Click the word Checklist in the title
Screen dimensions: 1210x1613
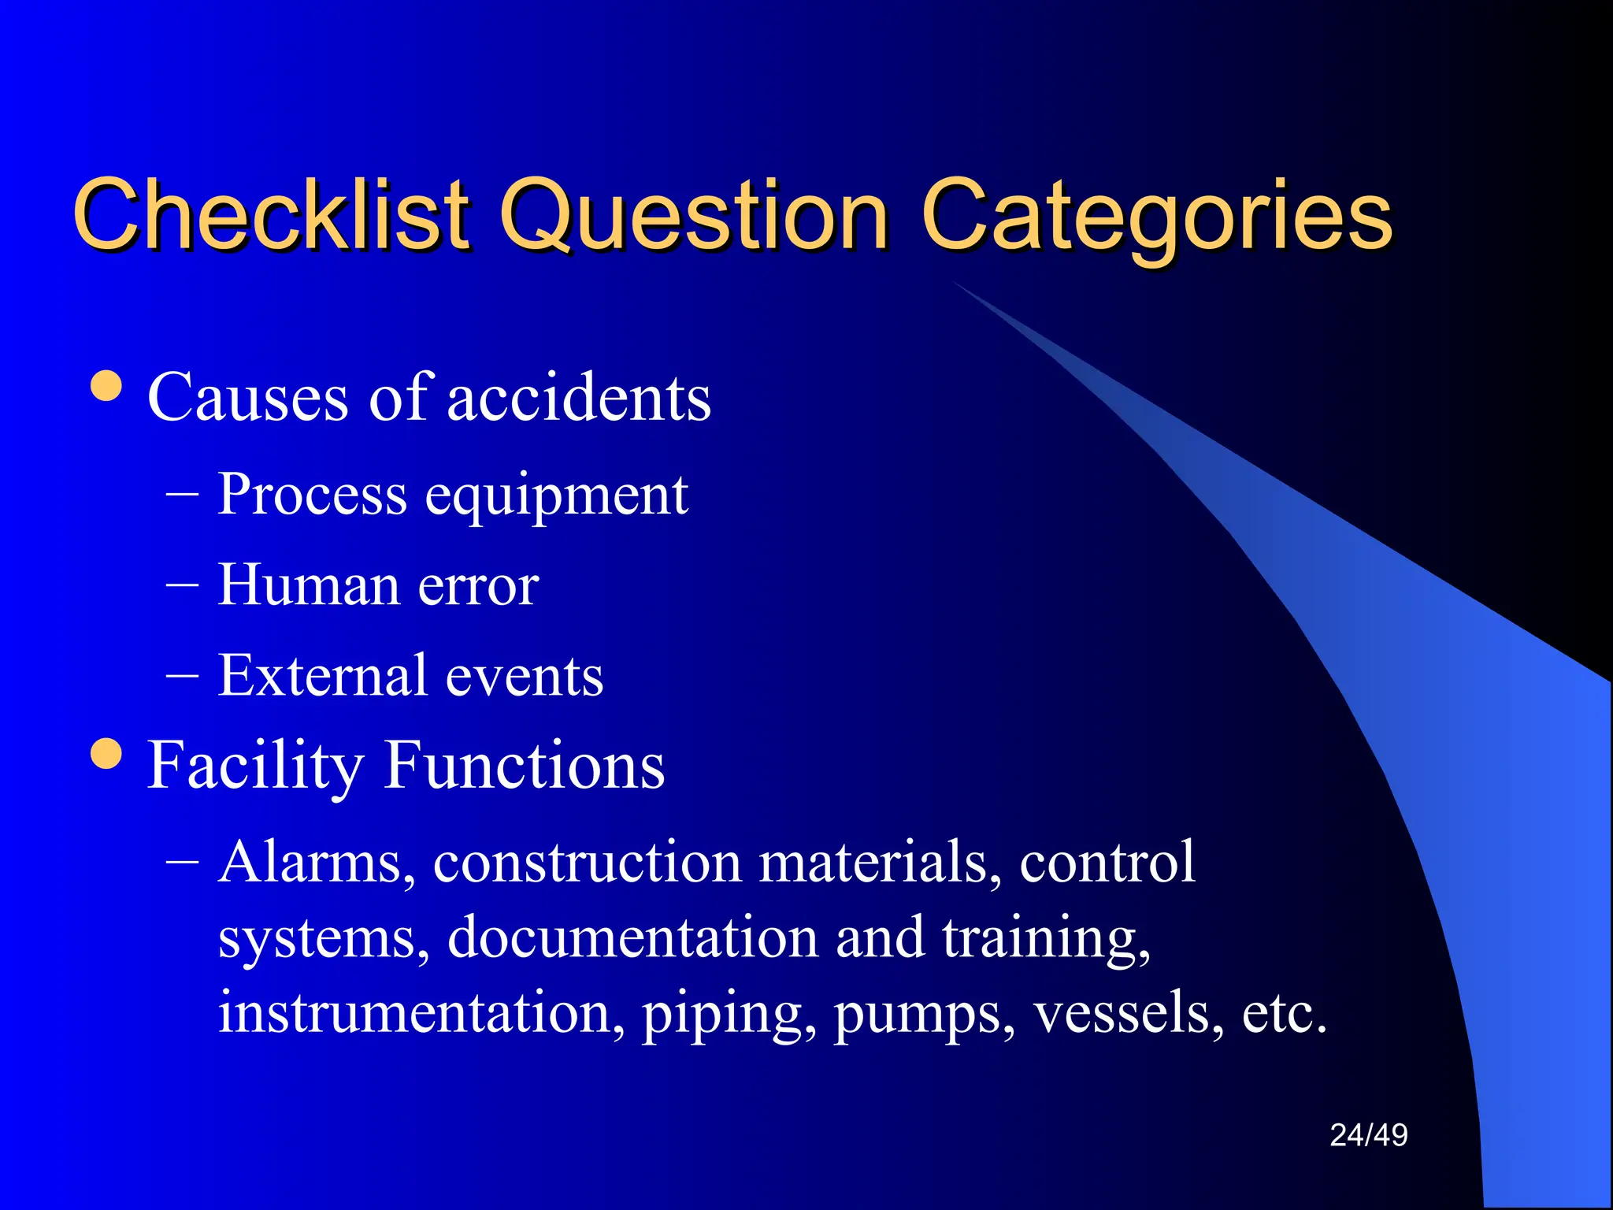[x=272, y=214]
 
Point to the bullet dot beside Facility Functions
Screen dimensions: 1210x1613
[x=106, y=753]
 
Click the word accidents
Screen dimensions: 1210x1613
[x=579, y=397]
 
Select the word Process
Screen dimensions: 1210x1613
[x=312, y=495]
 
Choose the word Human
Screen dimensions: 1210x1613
[x=308, y=585]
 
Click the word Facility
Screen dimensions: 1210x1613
[x=255, y=766]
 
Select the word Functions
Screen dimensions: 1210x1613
[x=525, y=766]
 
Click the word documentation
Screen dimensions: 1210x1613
[x=633, y=937]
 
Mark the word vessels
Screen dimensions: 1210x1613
[x=1129, y=1013]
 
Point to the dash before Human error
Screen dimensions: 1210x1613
[x=182, y=586]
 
